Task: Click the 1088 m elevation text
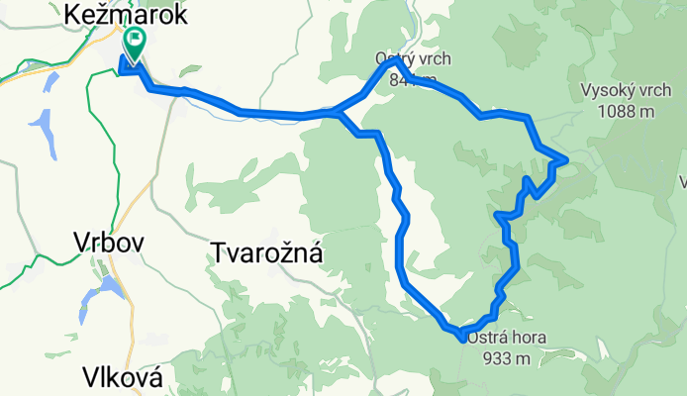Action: click(x=628, y=111)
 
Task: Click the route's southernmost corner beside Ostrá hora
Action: click(x=463, y=337)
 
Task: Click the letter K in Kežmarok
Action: click(x=72, y=14)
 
